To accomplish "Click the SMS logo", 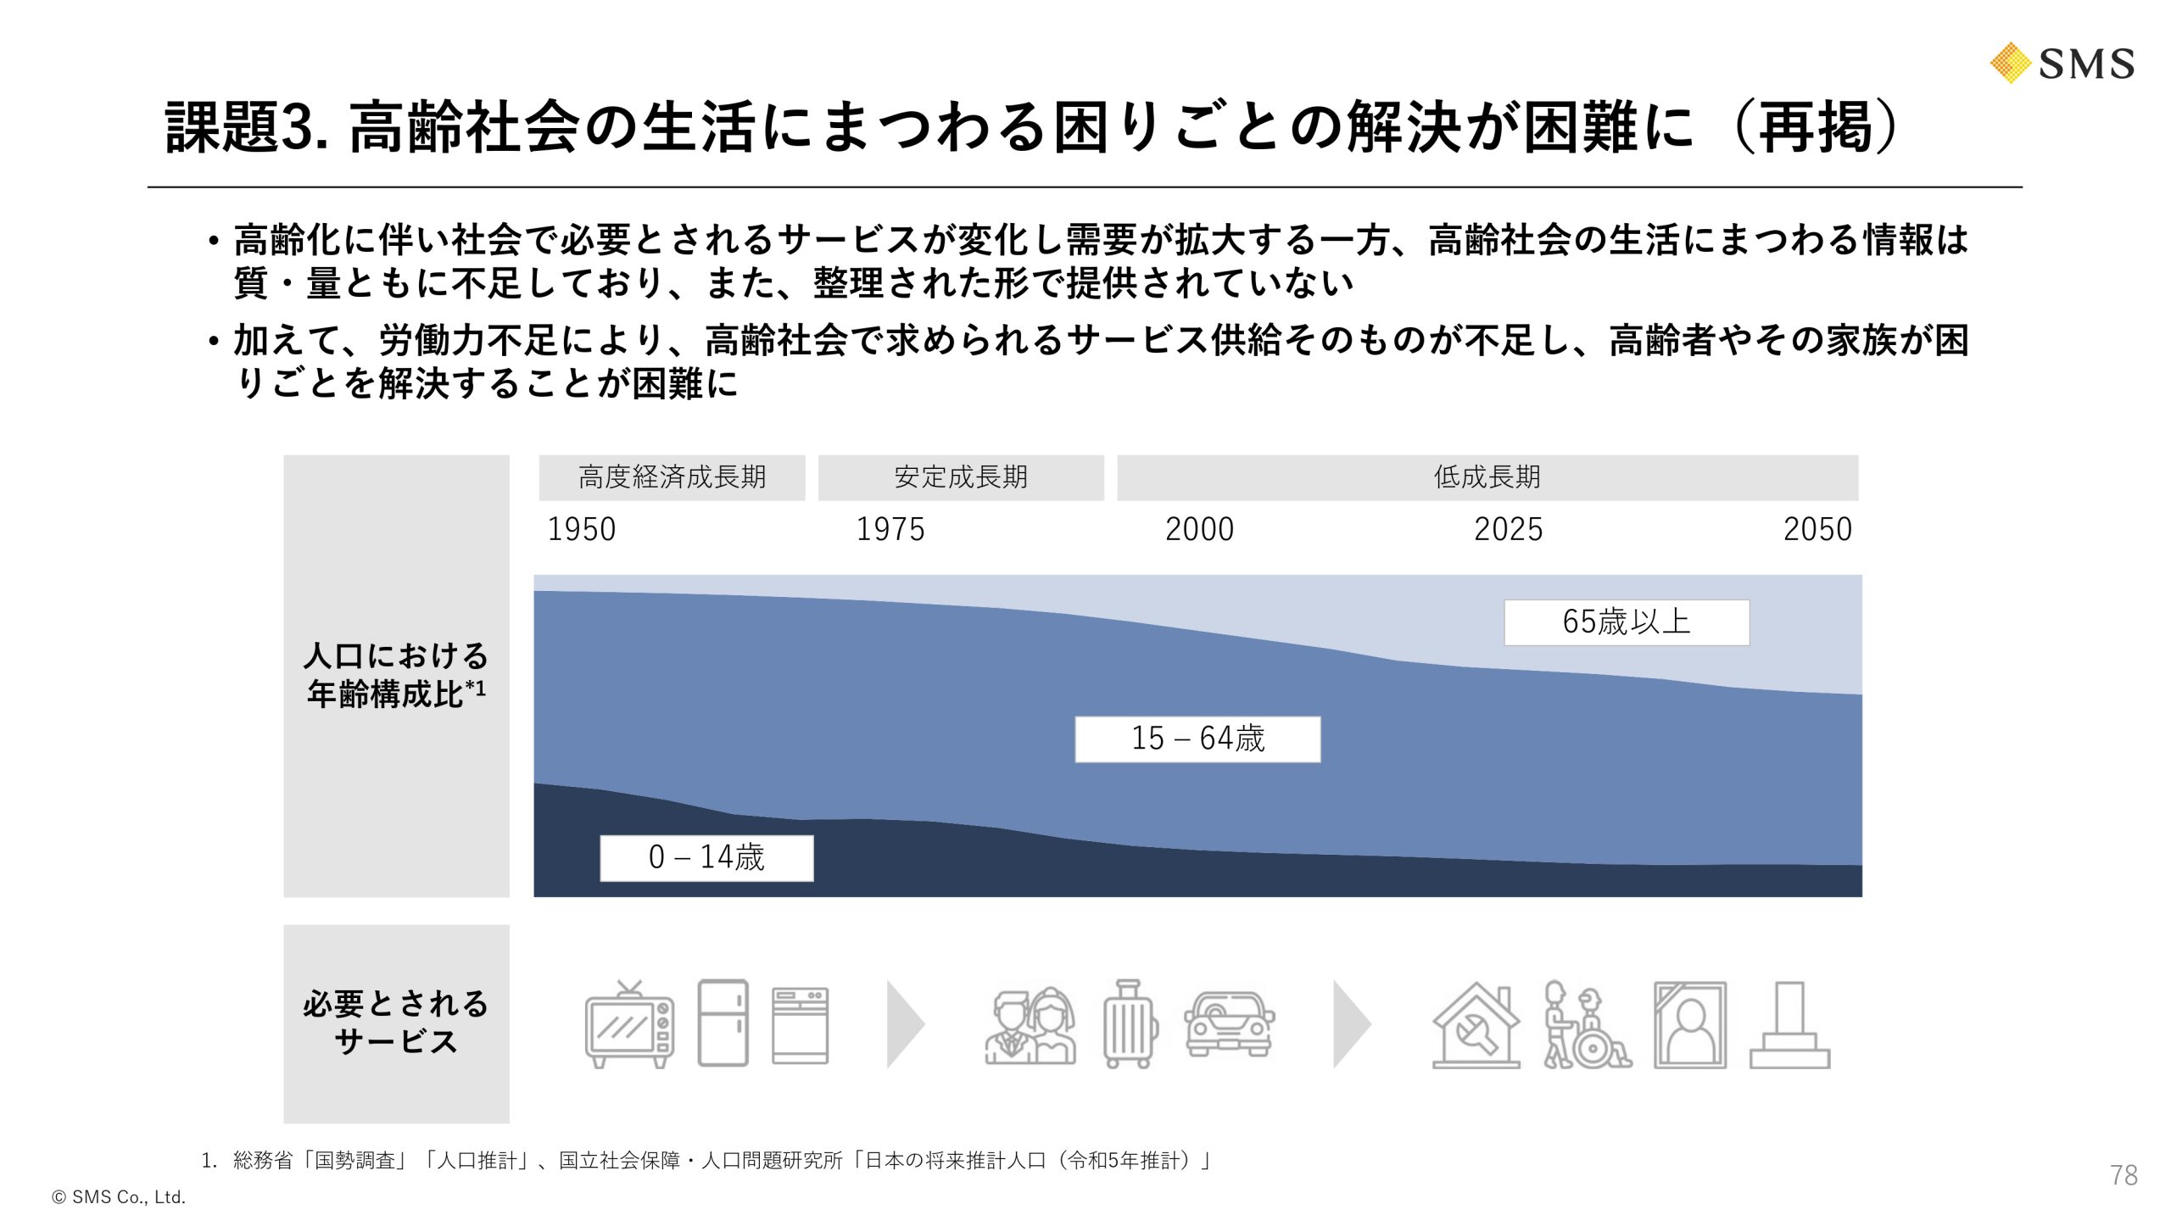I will click(2062, 64).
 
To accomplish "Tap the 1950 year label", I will click(581, 529).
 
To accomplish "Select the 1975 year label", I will click(890, 529).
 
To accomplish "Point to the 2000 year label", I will click(1199, 529).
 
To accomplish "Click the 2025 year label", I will click(1508, 529).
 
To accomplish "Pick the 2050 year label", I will click(1817, 529).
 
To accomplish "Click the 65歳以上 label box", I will click(1626, 622).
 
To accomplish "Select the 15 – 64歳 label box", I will click(1197, 739).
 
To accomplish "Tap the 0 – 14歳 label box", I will click(706, 857).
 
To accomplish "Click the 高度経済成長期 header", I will click(672, 477).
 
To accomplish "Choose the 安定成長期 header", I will click(960, 477).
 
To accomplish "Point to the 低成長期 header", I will click(1487, 477).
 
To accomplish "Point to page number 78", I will click(2124, 1175).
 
